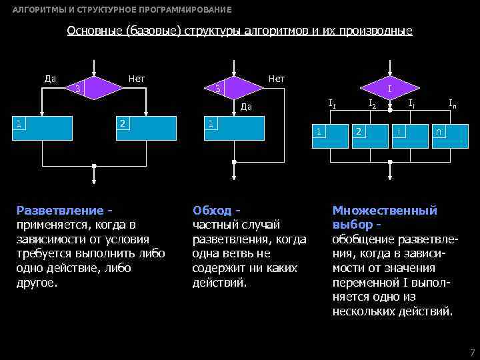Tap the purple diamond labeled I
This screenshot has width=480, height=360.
389,87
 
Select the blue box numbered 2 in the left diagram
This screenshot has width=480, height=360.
146,127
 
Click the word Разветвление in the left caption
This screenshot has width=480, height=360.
59,211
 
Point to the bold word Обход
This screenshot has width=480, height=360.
211,211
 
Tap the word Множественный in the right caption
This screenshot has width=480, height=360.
385,211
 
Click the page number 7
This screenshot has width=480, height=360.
471,351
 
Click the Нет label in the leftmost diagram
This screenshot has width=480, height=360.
137,79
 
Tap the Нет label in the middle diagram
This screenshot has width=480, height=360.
275,79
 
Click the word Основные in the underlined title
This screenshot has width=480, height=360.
94,31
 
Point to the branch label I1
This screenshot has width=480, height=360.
332,103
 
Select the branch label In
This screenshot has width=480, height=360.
452,103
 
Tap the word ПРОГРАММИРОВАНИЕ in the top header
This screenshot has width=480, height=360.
180,10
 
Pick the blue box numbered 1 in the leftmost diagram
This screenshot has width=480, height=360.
43,127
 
